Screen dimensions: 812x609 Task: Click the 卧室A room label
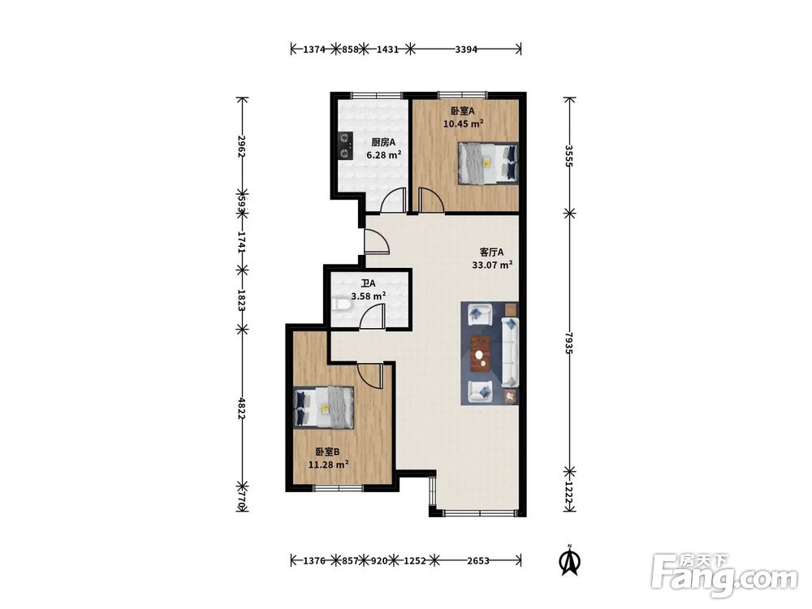[463, 110]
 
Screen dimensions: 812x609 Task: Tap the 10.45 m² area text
[463, 123]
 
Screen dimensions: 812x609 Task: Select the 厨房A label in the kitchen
[384, 142]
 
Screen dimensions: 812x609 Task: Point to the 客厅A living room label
[491, 253]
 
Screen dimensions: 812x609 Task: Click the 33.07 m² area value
[492, 266]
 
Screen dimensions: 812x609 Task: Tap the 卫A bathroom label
[368, 283]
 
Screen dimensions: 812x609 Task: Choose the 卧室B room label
[328, 452]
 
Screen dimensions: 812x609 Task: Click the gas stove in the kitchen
[344, 145]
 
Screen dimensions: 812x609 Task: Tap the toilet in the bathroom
[342, 305]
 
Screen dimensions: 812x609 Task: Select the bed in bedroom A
[488, 164]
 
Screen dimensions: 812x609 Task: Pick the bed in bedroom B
[324, 408]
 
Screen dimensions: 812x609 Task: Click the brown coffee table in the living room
[481, 354]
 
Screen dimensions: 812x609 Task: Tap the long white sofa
[509, 352]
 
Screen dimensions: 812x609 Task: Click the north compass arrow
[569, 562]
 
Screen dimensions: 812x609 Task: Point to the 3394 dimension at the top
[466, 50]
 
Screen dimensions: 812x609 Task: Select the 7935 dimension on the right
[570, 343]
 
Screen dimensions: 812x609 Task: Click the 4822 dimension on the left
[241, 408]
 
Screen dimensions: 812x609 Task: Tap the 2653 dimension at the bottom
[478, 560]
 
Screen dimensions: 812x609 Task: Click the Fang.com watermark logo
[724, 574]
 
